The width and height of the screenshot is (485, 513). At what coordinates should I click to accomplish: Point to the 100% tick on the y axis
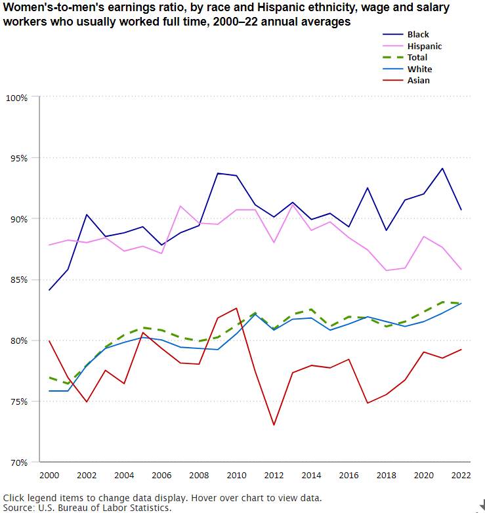click(16, 98)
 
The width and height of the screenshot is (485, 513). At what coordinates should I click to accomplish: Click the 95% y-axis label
click(16, 158)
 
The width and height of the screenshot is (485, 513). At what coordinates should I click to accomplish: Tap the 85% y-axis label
click(16, 279)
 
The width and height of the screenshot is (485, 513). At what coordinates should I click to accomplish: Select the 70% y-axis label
click(16, 462)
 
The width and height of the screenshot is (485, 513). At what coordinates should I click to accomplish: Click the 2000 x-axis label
click(49, 474)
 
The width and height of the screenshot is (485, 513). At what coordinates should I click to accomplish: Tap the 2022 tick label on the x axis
click(461, 474)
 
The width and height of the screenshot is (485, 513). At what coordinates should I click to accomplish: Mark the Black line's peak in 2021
click(442, 169)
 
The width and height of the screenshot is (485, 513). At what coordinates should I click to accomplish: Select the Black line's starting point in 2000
click(49, 290)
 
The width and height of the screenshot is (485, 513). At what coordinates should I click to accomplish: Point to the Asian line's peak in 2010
click(236, 308)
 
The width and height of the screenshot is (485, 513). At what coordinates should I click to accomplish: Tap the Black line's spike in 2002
click(87, 215)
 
